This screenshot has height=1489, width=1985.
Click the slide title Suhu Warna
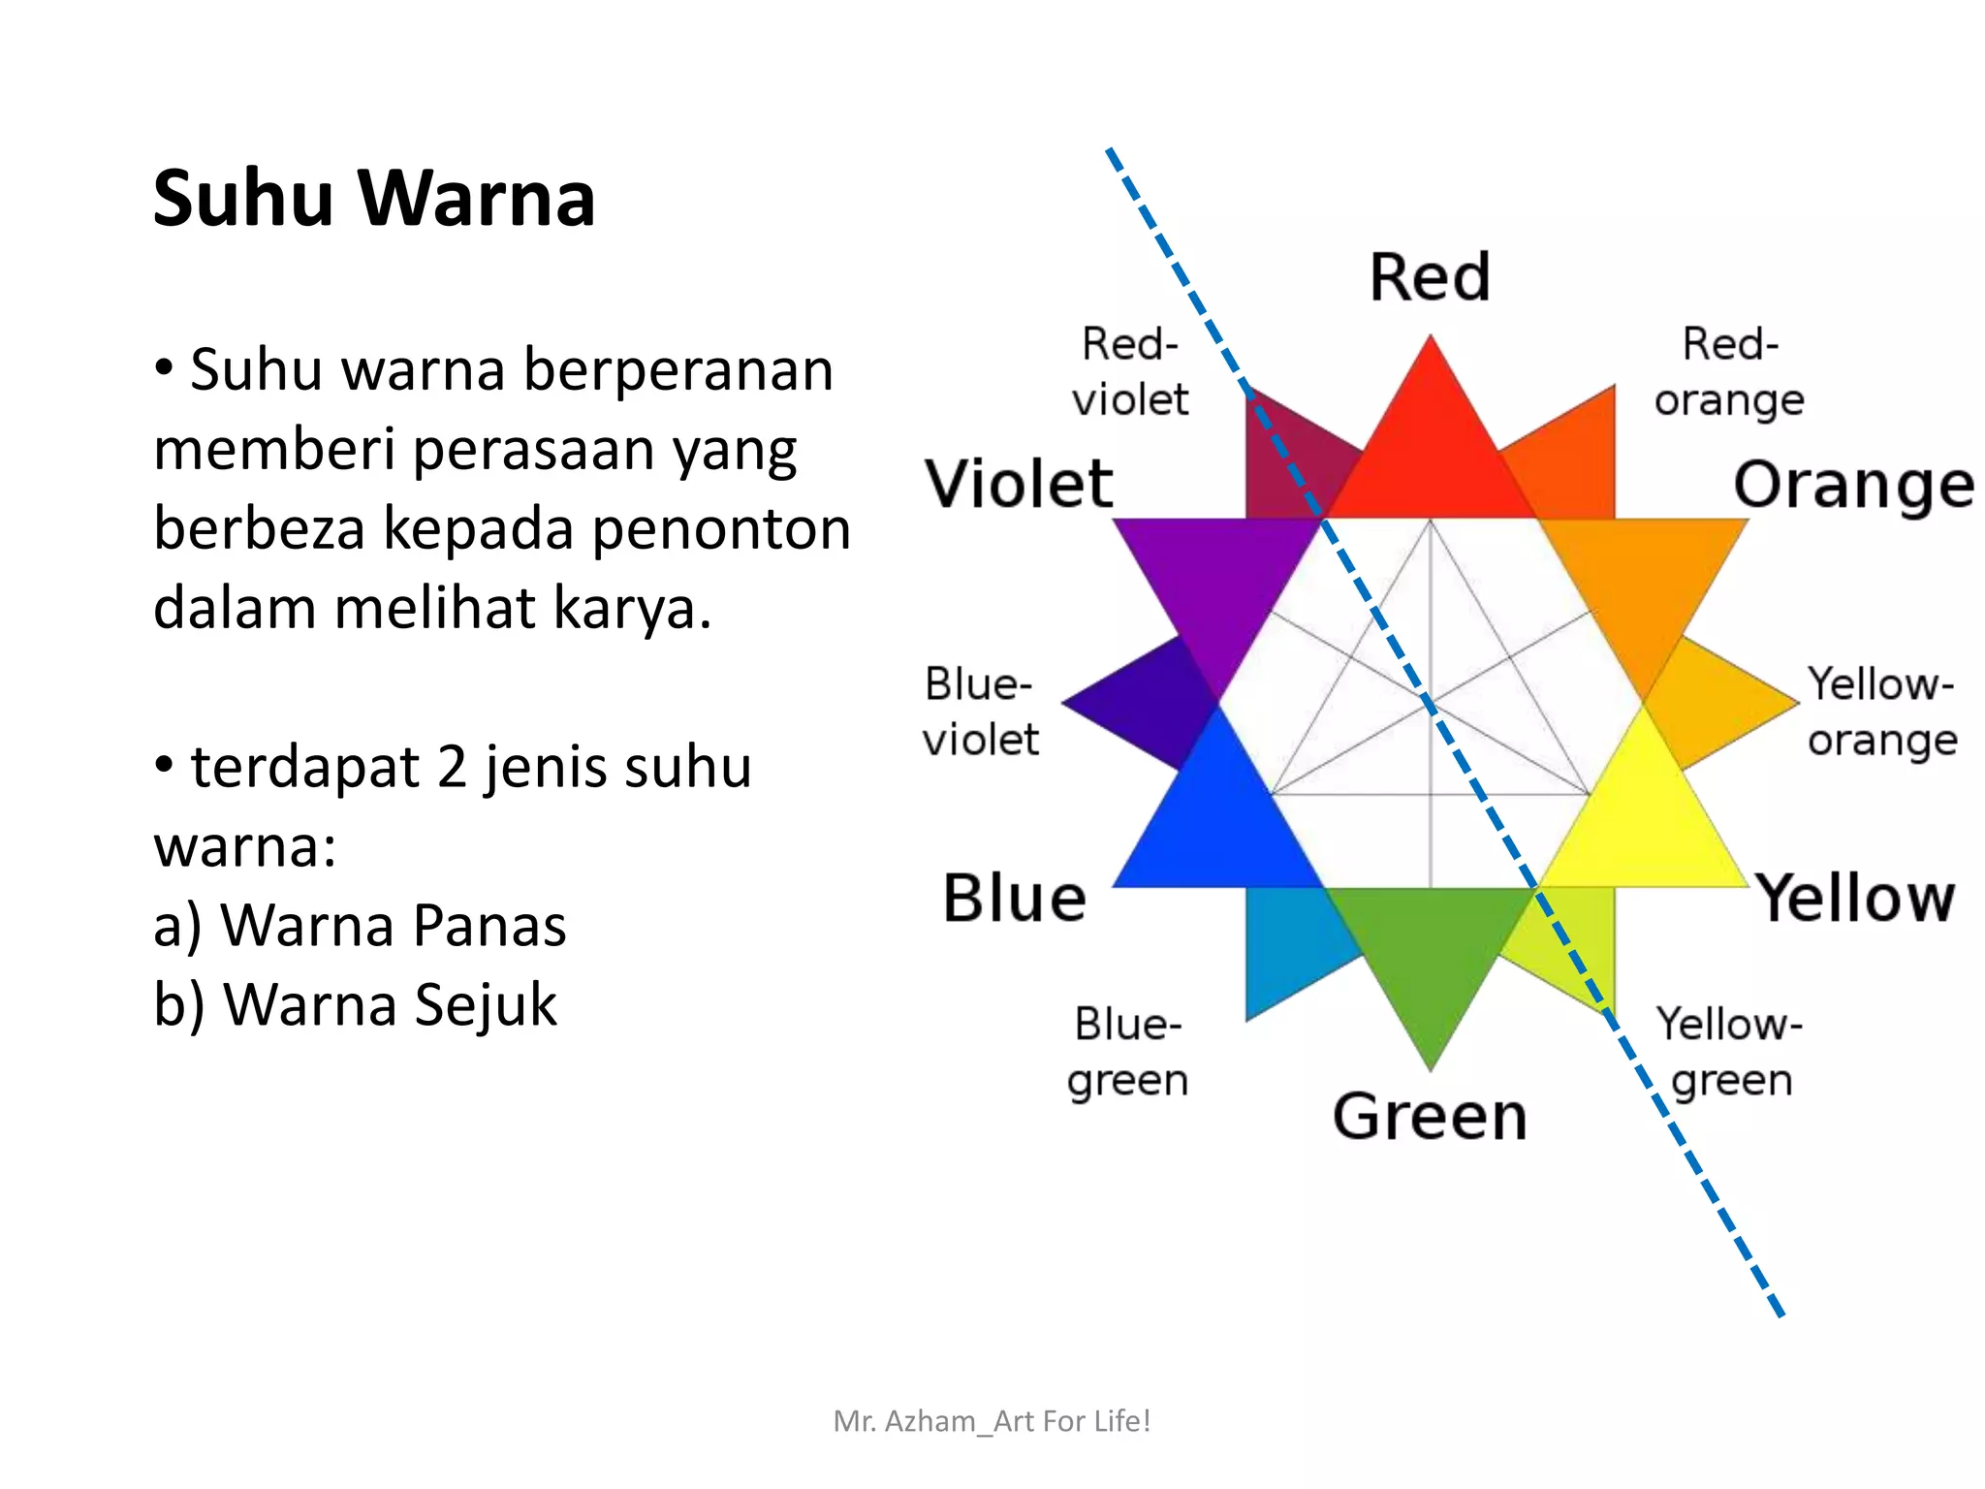tap(374, 199)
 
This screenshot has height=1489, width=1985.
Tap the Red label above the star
tap(1430, 278)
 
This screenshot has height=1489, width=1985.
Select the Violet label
tap(1019, 484)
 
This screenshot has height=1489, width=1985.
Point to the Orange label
tap(1853, 486)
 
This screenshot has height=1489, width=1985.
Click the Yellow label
tap(1856, 898)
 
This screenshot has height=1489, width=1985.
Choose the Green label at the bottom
tap(1430, 1116)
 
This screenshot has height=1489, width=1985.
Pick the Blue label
tap(1015, 898)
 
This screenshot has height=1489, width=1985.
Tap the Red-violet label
tap(1130, 372)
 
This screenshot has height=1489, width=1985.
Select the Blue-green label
tap(1128, 1052)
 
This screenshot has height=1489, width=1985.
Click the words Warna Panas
tap(394, 925)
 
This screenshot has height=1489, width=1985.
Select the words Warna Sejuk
tap(391, 1004)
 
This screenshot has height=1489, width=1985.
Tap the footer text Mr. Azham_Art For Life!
tap(992, 1421)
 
